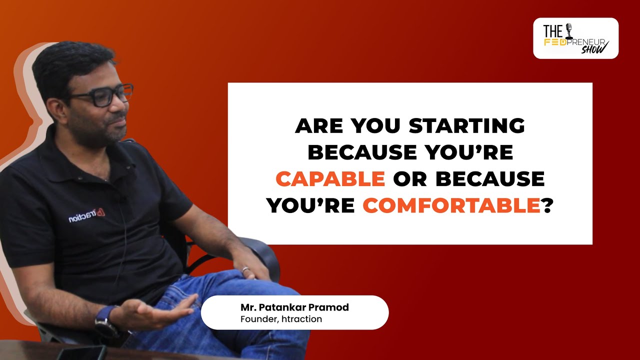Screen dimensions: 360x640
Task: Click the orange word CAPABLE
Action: pyautogui.click(x=330, y=179)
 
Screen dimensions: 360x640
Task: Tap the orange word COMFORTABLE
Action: pyautogui.click(x=451, y=205)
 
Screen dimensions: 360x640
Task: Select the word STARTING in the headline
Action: pyautogui.click(x=466, y=126)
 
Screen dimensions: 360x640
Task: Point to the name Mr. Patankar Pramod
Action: pyautogui.click(x=294, y=307)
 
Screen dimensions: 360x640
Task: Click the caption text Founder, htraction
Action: pyautogui.click(x=281, y=319)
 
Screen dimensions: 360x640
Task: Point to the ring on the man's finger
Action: pyautogui.click(x=245, y=269)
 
